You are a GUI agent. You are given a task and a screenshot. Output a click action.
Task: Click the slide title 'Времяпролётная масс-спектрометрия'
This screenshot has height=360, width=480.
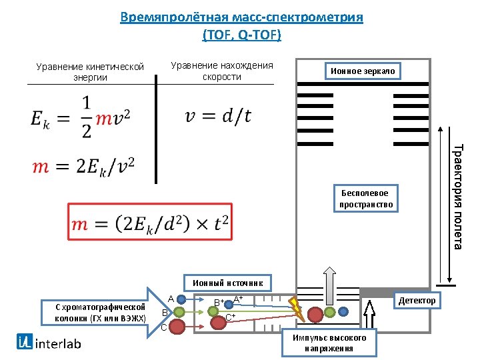tap(241, 17)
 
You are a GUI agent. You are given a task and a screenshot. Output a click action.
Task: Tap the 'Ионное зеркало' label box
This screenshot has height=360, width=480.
tap(363, 71)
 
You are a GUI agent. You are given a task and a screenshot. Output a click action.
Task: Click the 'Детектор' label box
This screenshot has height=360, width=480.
tap(417, 301)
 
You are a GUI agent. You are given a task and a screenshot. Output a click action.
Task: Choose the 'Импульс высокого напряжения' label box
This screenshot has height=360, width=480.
tap(329, 343)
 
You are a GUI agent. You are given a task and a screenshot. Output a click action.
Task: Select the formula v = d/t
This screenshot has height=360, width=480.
tap(218, 116)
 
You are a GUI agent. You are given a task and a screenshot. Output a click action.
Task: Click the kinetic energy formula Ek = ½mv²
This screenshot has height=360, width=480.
tap(80, 117)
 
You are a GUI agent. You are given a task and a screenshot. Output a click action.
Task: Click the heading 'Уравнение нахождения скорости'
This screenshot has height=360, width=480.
tap(221, 71)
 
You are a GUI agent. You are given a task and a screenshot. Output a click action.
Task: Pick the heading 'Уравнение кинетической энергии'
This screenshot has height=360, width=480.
tap(90, 71)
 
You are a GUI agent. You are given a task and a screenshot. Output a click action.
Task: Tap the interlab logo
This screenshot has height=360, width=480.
tap(49, 343)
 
